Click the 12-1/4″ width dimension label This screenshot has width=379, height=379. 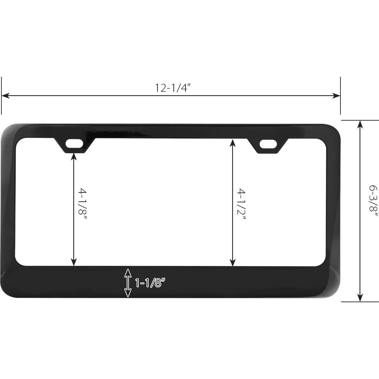[x=173, y=88]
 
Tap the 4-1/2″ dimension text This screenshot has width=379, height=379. [x=241, y=203]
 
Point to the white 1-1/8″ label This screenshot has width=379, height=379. [x=150, y=282]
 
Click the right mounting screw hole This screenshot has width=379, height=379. [x=268, y=144]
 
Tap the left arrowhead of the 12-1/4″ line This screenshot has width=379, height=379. [x=5, y=96]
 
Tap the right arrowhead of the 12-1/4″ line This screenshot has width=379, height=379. [x=337, y=96]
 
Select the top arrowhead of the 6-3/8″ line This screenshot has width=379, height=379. [x=360, y=124]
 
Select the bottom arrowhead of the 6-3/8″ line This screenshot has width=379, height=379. [x=360, y=298]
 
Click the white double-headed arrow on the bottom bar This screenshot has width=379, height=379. [x=128, y=283]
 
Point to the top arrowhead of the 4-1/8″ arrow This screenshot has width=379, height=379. [x=74, y=156]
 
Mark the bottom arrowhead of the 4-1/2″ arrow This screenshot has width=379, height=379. [x=232, y=262]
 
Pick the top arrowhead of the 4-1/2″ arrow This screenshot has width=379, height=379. [x=232, y=143]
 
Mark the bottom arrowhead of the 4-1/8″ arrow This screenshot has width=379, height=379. [x=74, y=262]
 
